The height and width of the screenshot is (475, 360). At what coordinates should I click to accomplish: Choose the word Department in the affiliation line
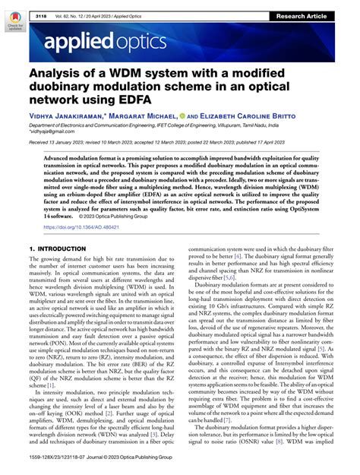[47, 122]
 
